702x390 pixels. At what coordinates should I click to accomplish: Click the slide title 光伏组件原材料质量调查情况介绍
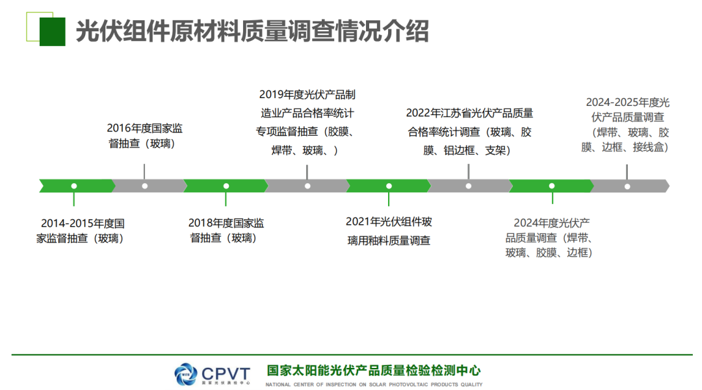pyautogui.click(x=252, y=31)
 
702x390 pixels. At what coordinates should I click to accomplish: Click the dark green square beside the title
pyautogui.click(x=53, y=32)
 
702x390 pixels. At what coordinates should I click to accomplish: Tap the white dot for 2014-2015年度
pyautogui.click(x=74, y=186)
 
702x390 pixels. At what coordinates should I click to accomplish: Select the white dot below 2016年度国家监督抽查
pyautogui.click(x=144, y=186)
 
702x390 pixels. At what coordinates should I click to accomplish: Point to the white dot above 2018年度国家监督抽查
pyautogui.click(x=226, y=186)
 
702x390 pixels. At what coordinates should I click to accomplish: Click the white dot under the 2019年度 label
pyautogui.click(x=307, y=186)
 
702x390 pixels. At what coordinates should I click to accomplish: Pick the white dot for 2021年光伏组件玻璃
pyautogui.click(x=389, y=186)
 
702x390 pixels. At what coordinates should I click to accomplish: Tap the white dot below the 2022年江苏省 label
pyautogui.click(x=468, y=186)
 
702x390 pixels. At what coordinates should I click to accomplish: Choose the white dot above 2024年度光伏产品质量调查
pyautogui.click(x=552, y=186)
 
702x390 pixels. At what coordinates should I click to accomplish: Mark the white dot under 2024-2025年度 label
pyautogui.click(x=627, y=187)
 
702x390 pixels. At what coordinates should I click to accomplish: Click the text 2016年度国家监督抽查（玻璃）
pyautogui.click(x=144, y=136)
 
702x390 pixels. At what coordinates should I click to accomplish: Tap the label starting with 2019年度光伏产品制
pyautogui.click(x=307, y=122)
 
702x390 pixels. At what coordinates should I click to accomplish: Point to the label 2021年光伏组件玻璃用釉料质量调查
pyautogui.click(x=389, y=231)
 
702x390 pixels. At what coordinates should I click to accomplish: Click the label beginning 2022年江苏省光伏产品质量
pyautogui.click(x=469, y=132)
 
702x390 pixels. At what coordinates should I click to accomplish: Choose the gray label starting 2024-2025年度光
pyautogui.click(x=627, y=125)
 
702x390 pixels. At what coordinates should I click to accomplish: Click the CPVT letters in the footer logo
pyautogui.click(x=226, y=374)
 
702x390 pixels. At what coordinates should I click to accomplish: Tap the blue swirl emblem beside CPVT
pyautogui.click(x=185, y=374)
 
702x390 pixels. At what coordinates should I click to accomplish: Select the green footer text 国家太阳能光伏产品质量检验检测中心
pyautogui.click(x=373, y=370)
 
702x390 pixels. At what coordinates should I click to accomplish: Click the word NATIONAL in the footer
pyautogui.click(x=278, y=384)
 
